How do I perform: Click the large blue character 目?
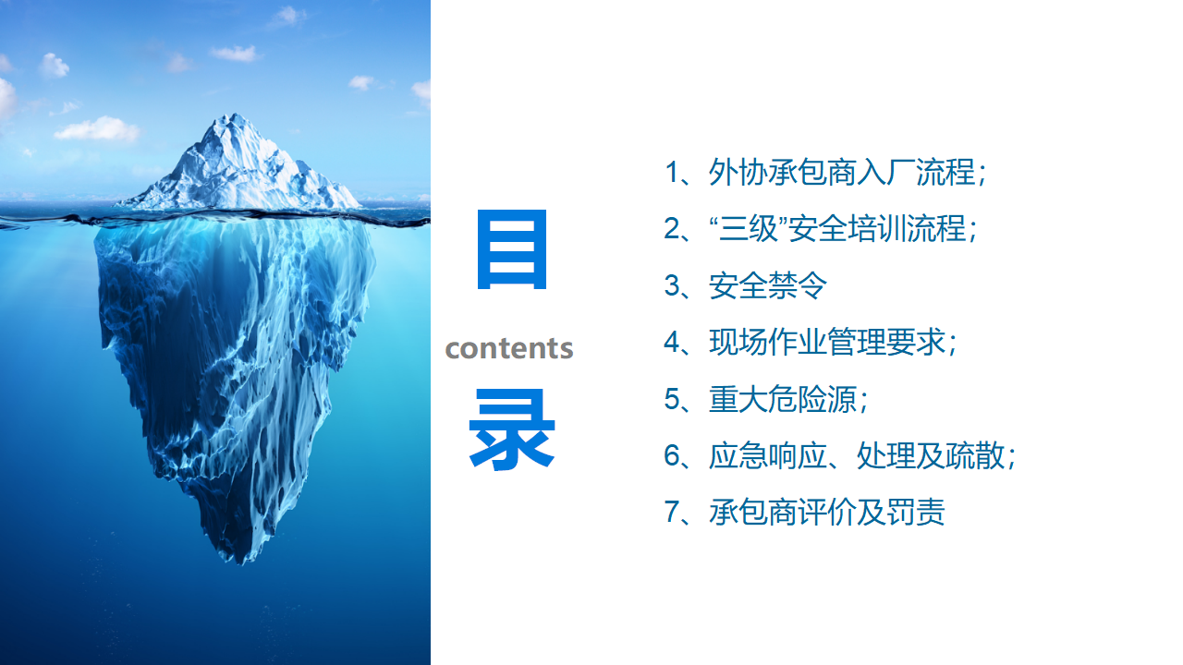click(512, 249)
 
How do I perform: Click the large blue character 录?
click(512, 429)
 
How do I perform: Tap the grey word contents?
click(509, 349)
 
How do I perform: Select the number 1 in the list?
click(672, 173)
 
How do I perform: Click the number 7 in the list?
click(672, 512)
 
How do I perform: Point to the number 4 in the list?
click(672, 342)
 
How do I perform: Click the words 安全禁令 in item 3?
click(767, 285)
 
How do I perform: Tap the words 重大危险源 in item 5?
click(782, 399)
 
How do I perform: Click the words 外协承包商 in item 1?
click(782, 173)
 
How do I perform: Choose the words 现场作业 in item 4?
click(767, 342)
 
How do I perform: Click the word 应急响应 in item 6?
click(767, 455)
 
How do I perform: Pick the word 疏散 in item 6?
click(975, 455)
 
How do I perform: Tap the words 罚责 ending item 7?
click(916, 512)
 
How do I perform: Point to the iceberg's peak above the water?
click(234, 115)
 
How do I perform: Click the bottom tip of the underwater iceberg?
click(241, 563)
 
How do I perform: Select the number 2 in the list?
click(672, 229)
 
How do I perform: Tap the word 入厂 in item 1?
click(885, 173)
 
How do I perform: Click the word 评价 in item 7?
click(827, 512)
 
